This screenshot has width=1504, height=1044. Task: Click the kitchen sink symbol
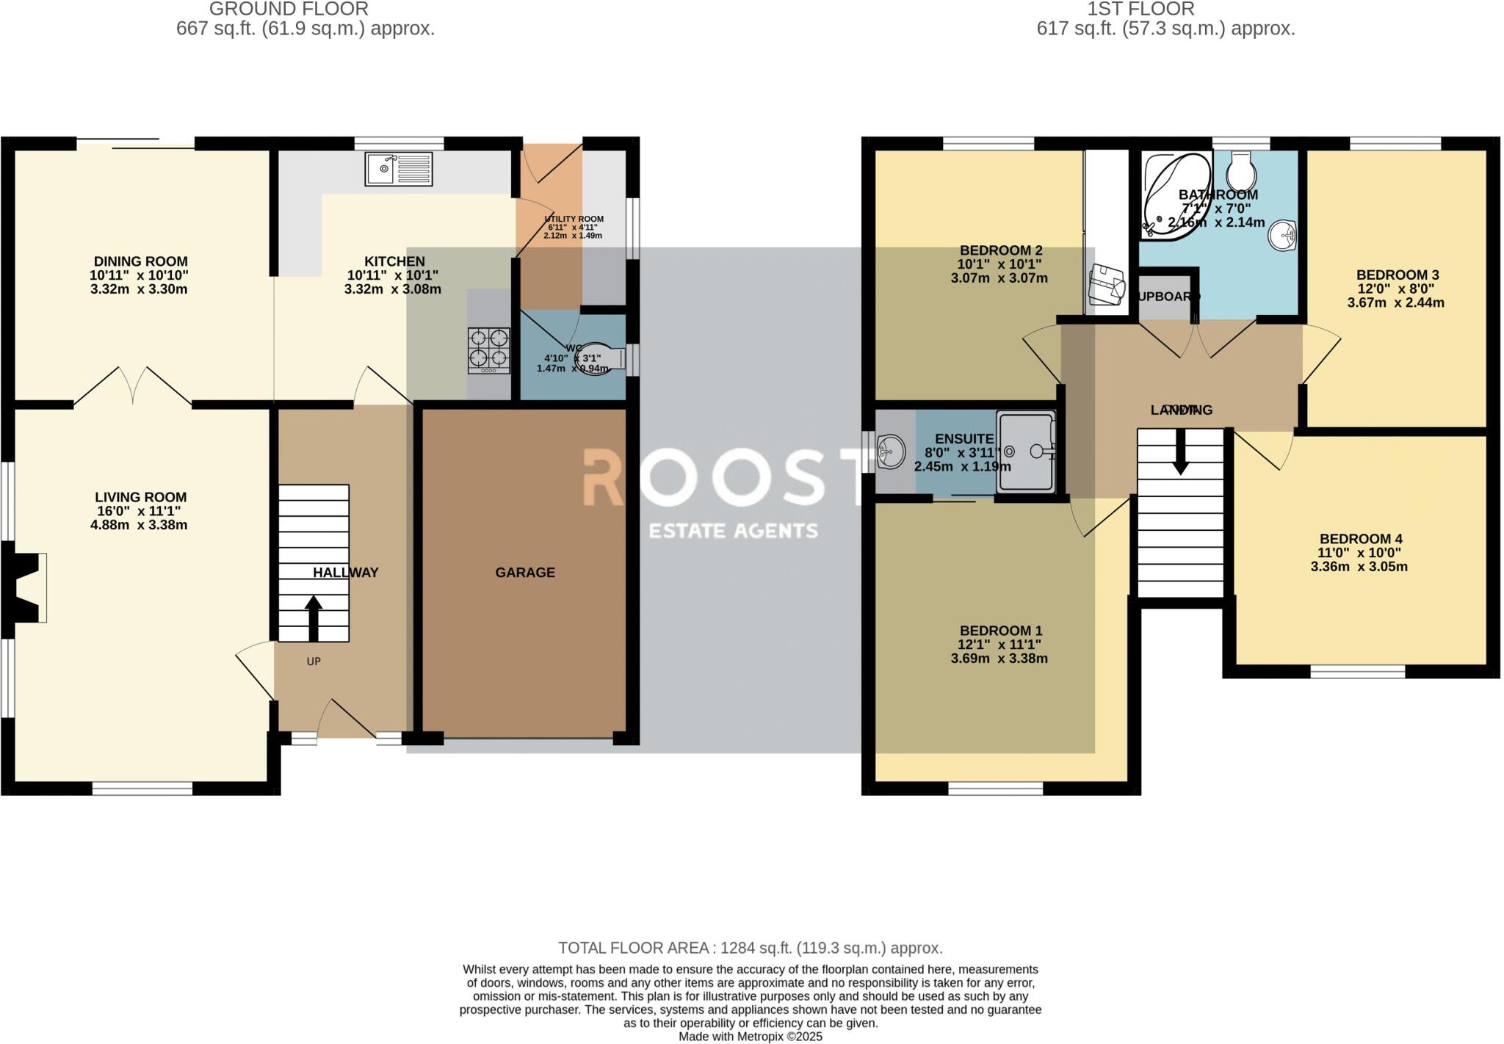point(398,169)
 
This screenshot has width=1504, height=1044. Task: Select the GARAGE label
point(525,573)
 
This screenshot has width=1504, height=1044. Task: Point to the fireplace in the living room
point(26,587)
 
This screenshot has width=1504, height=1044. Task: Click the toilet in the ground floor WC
point(602,358)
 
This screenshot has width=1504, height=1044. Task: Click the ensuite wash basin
point(892,450)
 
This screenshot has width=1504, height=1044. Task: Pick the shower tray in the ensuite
point(1027,451)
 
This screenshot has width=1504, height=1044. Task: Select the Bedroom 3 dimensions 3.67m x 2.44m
point(1395,302)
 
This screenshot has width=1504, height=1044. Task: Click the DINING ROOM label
point(140,261)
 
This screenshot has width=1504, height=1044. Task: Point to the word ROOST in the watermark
point(723,477)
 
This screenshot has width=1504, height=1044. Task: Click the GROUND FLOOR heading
point(289,10)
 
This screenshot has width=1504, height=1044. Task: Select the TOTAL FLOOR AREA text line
point(750,948)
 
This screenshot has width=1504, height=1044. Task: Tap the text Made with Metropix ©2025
point(750,1037)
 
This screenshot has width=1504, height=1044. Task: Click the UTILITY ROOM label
point(574,219)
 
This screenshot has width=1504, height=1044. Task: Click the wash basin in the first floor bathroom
point(1286,235)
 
